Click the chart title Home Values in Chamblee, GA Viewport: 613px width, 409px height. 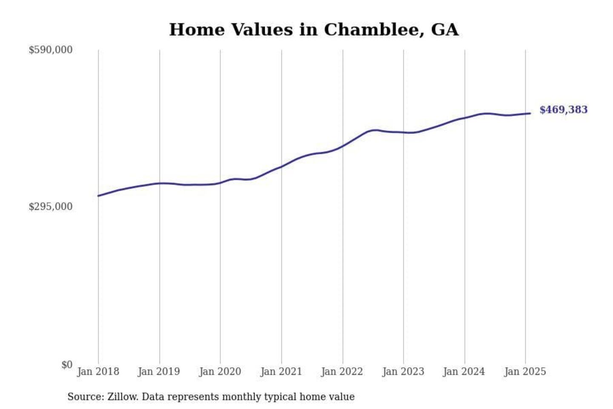click(314, 30)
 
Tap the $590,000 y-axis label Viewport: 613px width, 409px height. click(50, 50)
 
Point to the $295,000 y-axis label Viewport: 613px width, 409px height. click(50, 207)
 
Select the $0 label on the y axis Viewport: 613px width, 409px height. click(67, 365)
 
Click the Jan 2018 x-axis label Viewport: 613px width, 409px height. click(98, 372)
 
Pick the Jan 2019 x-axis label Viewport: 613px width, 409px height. click(159, 372)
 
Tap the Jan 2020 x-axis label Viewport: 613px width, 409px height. click(220, 372)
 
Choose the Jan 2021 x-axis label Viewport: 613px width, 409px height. click(281, 372)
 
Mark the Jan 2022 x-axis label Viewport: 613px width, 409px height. click(342, 372)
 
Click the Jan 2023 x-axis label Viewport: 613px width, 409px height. click(403, 372)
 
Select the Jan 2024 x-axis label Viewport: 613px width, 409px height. click(464, 372)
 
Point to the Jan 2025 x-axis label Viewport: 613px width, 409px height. click(525, 372)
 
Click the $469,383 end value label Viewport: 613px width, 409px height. click(563, 110)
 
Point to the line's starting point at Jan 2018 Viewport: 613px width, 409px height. click(98, 196)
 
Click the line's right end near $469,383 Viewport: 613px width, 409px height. click(530, 113)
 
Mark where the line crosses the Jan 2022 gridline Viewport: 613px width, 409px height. click(343, 146)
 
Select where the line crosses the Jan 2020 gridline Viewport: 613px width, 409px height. click(220, 183)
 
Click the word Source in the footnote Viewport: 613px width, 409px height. click(85, 397)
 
